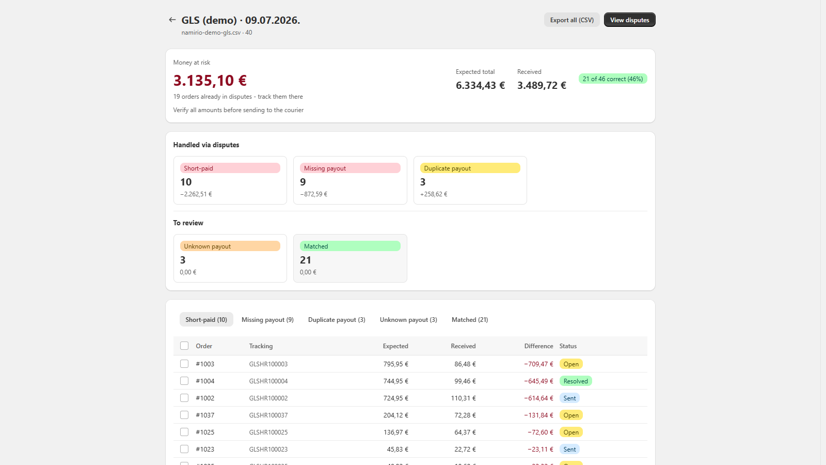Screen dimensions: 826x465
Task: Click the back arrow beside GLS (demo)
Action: click(172, 20)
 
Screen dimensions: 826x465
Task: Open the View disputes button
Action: click(629, 20)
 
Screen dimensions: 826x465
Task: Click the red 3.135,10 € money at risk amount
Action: click(210, 80)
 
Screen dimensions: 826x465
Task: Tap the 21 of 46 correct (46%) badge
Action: click(612, 79)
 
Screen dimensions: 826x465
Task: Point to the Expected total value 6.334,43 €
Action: click(480, 85)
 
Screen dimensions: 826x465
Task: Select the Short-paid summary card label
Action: click(230, 168)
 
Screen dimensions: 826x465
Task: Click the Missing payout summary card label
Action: click(350, 168)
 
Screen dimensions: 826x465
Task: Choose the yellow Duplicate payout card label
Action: click(470, 168)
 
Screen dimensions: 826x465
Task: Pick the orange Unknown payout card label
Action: click(230, 246)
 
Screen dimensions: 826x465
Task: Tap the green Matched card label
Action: click(350, 246)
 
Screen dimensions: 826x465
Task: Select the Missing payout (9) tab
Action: click(267, 320)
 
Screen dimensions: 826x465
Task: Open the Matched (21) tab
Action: click(470, 320)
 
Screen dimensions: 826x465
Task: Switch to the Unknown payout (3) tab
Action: click(408, 320)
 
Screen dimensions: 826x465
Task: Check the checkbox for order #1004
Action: click(184, 381)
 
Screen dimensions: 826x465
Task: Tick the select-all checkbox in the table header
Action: click(184, 346)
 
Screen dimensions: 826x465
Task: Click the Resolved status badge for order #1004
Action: click(576, 381)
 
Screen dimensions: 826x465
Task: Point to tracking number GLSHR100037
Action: click(268, 415)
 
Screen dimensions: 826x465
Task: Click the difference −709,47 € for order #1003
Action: click(538, 364)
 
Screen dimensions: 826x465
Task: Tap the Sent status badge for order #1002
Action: click(569, 398)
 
